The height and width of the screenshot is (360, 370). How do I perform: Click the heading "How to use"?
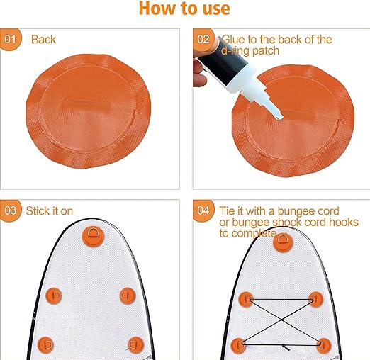(184, 9)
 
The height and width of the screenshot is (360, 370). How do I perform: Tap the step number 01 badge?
(10, 39)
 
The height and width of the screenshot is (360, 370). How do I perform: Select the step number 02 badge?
(203, 39)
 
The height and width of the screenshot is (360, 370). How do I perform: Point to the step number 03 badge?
(11, 210)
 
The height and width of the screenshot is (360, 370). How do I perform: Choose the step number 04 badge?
(203, 210)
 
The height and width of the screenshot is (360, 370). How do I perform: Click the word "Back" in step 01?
(43, 40)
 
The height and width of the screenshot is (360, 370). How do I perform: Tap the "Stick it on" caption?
(50, 211)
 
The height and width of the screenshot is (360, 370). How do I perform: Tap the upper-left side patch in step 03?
(54, 296)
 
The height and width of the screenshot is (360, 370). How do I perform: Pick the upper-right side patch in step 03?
(128, 296)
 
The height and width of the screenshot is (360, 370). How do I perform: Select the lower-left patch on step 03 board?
(46, 345)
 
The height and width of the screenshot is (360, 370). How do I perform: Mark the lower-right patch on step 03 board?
(136, 345)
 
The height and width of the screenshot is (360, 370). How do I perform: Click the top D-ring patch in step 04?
(283, 242)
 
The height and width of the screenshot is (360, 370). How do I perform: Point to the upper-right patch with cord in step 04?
(316, 300)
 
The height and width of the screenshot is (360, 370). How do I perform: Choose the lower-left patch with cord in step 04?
(239, 346)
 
